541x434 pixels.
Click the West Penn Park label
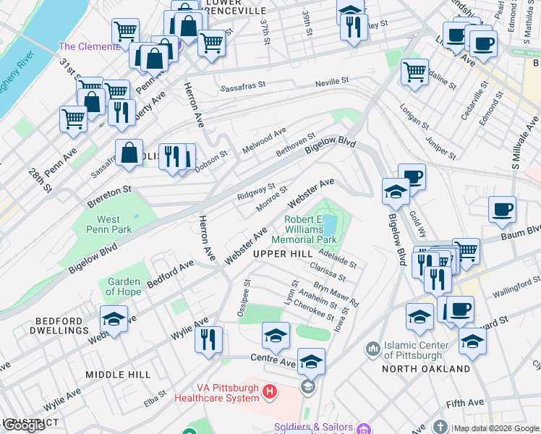point(108,224)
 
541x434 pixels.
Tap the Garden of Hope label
point(124,286)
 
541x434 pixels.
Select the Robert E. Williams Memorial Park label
point(304,229)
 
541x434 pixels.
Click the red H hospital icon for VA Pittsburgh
point(270,393)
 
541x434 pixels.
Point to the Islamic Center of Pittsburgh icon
point(373,349)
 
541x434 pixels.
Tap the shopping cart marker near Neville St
point(414,72)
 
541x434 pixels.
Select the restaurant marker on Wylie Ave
point(208,339)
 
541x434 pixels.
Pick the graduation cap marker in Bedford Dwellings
point(114,319)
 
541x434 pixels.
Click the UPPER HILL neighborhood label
point(283,253)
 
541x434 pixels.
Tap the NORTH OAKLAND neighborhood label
point(427,369)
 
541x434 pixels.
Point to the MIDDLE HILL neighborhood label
point(118,374)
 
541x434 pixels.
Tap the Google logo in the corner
point(24,425)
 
